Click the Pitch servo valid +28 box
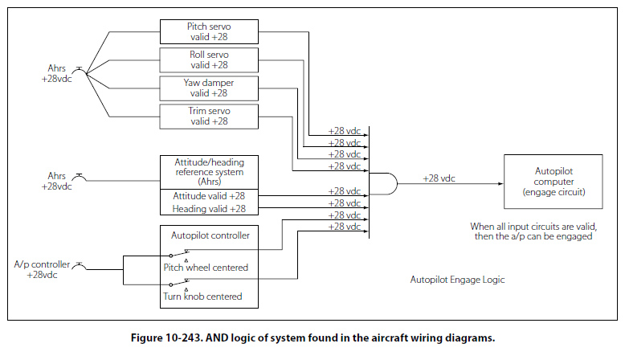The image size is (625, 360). [209, 31]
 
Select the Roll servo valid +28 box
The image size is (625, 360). [209, 59]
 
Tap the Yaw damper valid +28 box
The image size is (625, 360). [209, 88]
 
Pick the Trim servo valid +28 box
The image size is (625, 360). [209, 116]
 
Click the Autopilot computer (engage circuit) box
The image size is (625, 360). [553, 182]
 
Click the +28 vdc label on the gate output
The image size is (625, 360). [441, 178]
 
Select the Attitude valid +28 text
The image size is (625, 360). [209, 195]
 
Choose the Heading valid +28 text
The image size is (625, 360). [209, 209]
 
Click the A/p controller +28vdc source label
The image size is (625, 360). [42, 268]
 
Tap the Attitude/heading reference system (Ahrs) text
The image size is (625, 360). [209, 172]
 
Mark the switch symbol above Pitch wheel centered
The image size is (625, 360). [186, 252]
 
